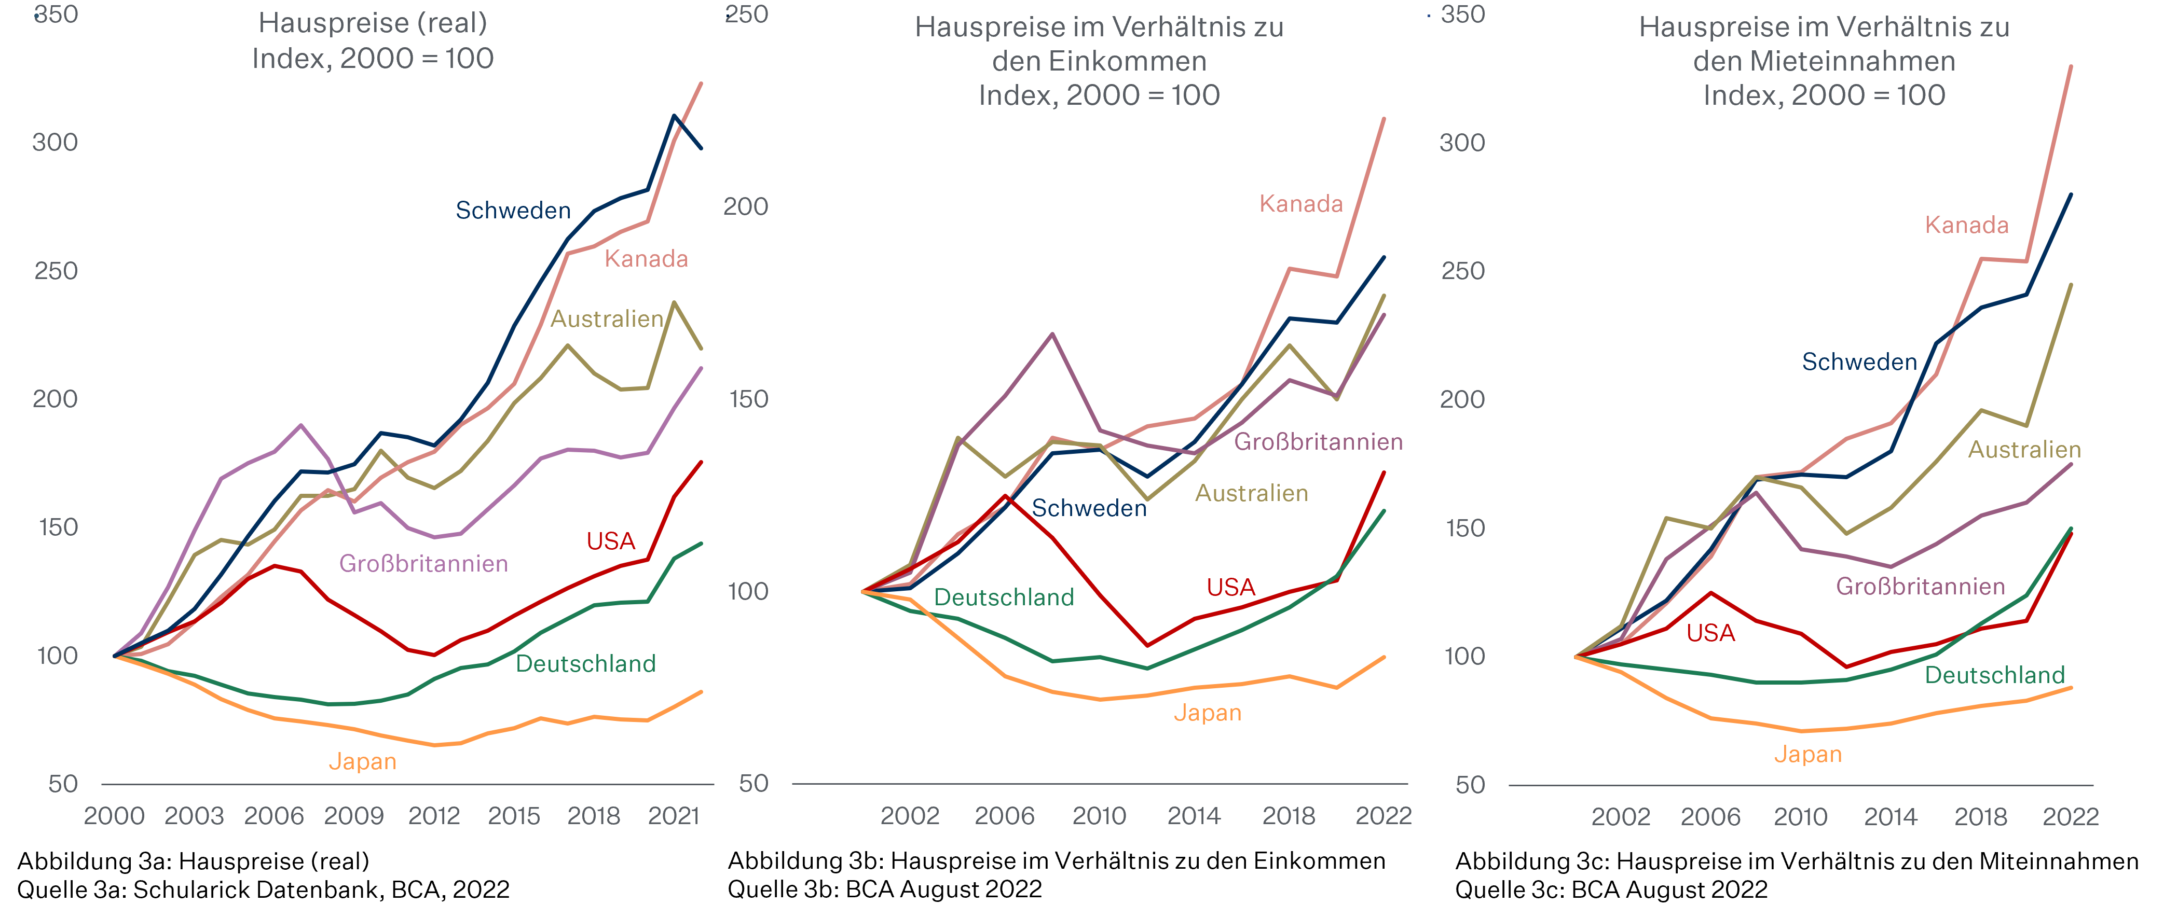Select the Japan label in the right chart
pyautogui.click(x=1808, y=754)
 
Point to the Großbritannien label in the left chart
pyautogui.click(x=423, y=564)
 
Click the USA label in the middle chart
pyautogui.click(x=1231, y=587)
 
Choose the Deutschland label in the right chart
pyautogui.click(x=1994, y=675)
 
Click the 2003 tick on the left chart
pyautogui.click(x=194, y=815)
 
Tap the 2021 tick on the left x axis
pyautogui.click(x=674, y=815)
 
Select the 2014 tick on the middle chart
pyautogui.click(x=1194, y=815)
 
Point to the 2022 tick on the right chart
pyautogui.click(x=2071, y=816)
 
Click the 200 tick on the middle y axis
pyautogui.click(x=746, y=206)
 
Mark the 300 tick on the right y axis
pyautogui.click(x=1462, y=143)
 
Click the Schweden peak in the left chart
pyautogui.click(x=674, y=116)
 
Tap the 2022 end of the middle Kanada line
pyautogui.click(x=1384, y=118)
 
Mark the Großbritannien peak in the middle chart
pyautogui.click(x=1052, y=335)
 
